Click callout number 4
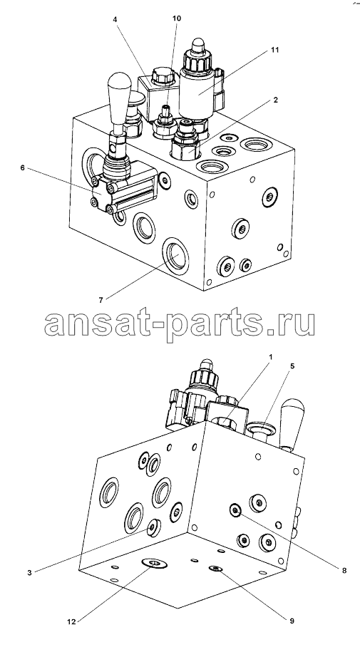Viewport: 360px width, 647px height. (116, 19)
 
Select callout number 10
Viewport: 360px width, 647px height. (177, 19)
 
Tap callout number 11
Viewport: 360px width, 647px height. (275, 49)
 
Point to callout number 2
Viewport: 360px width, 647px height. (275, 100)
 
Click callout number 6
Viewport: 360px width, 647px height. (22, 167)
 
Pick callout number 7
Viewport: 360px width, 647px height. (101, 300)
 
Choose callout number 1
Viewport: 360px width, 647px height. (270, 356)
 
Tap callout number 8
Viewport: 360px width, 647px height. (344, 571)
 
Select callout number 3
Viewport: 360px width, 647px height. (29, 572)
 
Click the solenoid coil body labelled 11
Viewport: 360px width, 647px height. (197, 93)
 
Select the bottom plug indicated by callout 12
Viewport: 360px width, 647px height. (155, 563)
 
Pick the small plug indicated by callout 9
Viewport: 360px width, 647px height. (215, 569)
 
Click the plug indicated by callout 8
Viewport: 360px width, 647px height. (235, 510)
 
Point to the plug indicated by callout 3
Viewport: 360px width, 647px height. (153, 528)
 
